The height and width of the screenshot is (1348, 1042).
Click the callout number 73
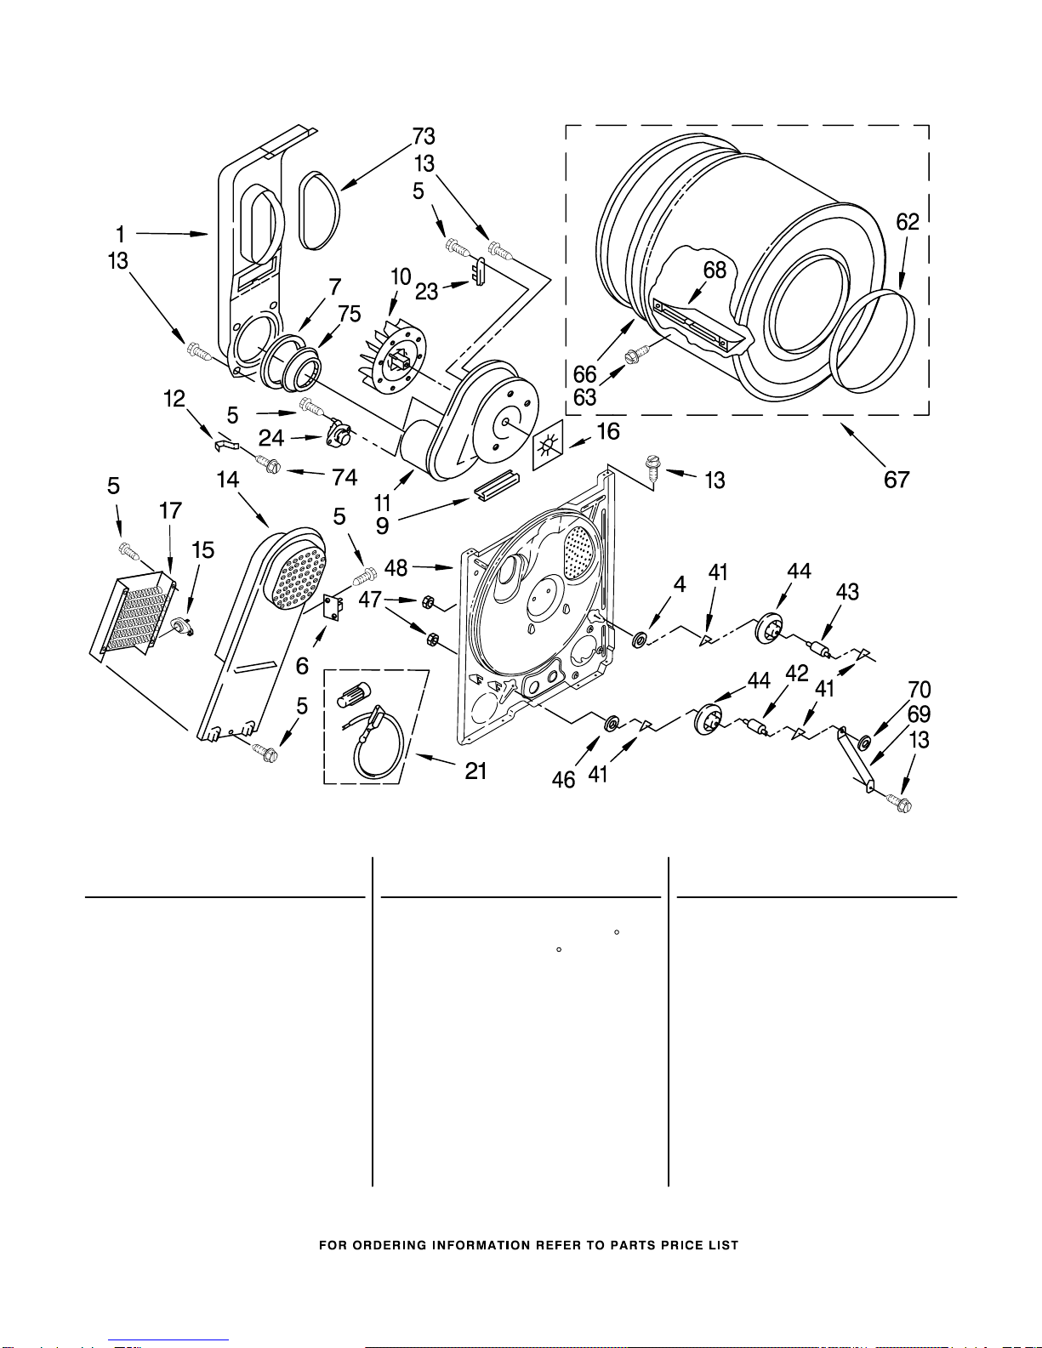pos(424,136)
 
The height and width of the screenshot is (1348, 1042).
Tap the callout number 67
pos(897,480)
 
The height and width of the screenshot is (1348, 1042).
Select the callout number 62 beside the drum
pos(908,222)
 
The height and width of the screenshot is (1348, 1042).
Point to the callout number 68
pos(715,270)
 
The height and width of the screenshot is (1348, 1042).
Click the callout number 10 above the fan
pos(401,277)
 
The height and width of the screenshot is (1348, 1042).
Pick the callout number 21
pos(475,771)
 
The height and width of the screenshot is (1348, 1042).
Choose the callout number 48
pos(396,566)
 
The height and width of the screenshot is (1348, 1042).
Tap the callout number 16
pos(608,432)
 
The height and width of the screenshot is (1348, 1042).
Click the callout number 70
pos(920,690)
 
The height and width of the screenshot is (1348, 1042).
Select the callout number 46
pos(563,780)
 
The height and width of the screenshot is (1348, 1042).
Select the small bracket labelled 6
pos(333,607)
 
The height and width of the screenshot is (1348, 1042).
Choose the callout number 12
pos(175,399)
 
